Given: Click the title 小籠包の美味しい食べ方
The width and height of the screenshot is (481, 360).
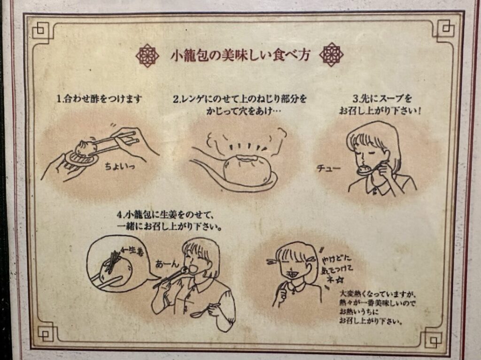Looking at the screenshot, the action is click(240, 55).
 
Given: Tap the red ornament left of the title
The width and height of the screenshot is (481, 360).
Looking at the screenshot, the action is click(147, 55).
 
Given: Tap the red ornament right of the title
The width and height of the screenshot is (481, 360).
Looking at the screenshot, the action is click(331, 55).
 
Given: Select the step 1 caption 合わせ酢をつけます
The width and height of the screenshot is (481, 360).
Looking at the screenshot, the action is click(103, 99).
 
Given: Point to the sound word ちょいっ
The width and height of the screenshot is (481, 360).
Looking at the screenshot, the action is click(120, 167).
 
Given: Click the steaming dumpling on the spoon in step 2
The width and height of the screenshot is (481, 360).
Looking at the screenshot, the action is click(247, 169).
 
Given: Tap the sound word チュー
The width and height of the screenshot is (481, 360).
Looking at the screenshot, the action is click(328, 169).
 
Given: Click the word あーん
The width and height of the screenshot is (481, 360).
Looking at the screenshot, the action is click(167, 264).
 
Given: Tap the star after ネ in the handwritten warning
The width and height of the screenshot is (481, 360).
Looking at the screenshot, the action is click(340, 280).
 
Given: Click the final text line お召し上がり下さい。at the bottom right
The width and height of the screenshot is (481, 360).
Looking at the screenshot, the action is click(371, 322).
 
